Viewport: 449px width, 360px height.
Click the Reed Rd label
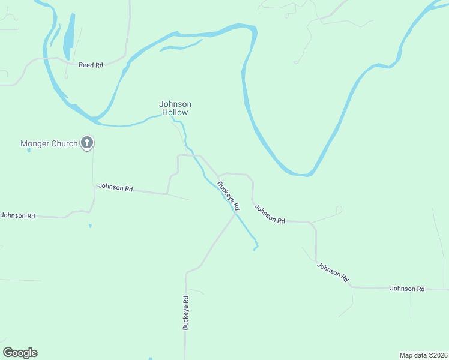[91, 65]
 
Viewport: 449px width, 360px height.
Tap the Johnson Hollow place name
[175, 108]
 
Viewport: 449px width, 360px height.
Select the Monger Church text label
[49, 143]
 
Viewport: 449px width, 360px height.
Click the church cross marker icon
[87, 143]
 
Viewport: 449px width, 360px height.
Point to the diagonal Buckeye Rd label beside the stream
[229, 196]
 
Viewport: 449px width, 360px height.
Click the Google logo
[20, 353]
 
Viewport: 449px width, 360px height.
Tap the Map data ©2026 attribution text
[423, 355]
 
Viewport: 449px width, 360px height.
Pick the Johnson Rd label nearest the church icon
[115, 188]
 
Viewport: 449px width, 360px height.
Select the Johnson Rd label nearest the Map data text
[407, 289]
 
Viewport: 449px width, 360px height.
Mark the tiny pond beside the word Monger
[29, 150]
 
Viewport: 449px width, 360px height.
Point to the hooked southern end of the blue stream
[256, 247]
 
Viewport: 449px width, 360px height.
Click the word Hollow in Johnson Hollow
[175, 112]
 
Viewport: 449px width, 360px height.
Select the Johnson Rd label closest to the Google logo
[17, 215]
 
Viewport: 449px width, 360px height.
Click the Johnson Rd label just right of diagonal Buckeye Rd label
[270, 214]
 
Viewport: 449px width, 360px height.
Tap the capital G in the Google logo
[8, 353]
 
